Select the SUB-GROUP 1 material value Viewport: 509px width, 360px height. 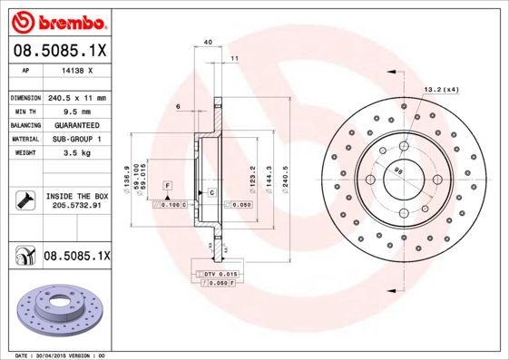76,139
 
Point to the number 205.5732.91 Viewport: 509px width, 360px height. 76,207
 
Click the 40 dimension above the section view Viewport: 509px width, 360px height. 208,43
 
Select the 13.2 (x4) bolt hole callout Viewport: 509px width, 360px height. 441,90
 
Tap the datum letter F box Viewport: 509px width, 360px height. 167,185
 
